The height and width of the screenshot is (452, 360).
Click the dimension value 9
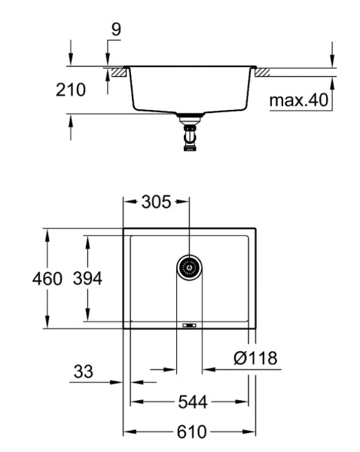coord(116,29)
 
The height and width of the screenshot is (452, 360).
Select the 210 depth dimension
coord(71,90)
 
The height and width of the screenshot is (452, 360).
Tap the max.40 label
coord(298,100)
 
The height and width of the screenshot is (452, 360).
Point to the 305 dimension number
coord(156,202)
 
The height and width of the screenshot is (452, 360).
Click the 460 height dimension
coord(47,279)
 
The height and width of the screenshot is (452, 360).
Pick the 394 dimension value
coord(87,279)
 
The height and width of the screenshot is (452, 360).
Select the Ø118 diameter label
coord(255,358)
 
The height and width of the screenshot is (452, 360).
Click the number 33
coord(84,371)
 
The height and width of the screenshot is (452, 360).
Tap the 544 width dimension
coord(193,402)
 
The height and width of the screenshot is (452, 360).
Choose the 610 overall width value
coord(191,432)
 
